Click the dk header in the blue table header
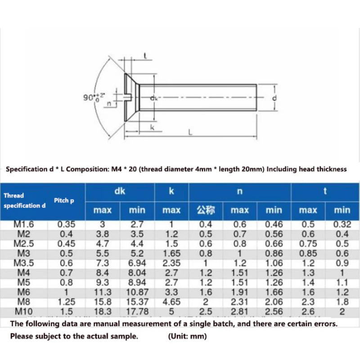pos(119,191)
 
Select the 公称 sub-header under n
pos(206,210)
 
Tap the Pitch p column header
pos(64,200)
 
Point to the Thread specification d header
pos(25,201)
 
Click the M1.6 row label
pos(24,224)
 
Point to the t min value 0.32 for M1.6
pos(342,224)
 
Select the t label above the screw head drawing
pos(145,56)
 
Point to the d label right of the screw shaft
pos(274,98)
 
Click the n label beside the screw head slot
pos(109,103)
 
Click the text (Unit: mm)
pos(187,336)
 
